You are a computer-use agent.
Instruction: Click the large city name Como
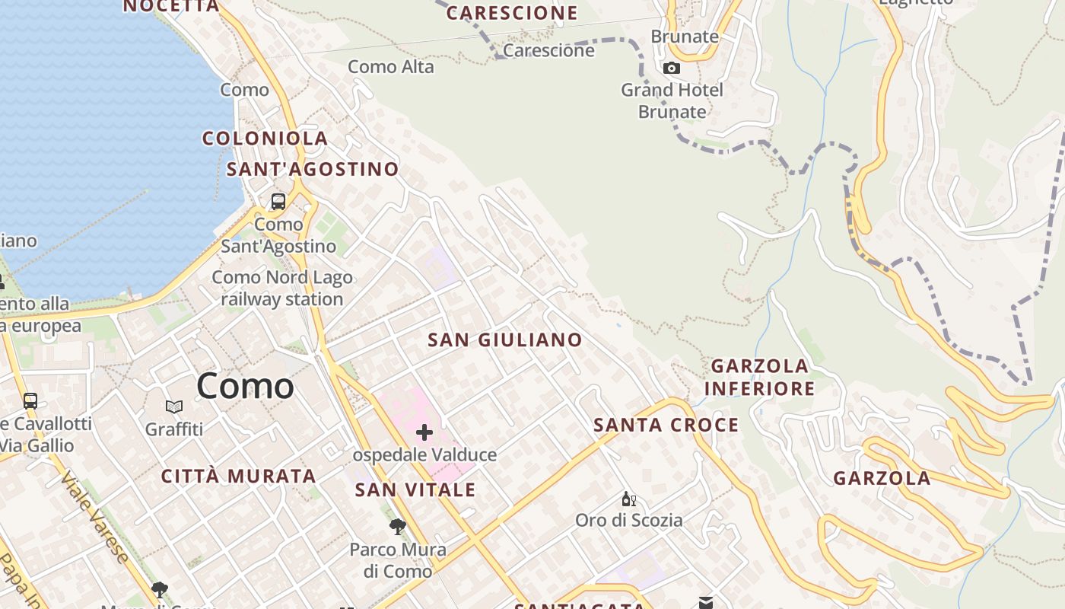pyautogui.click(x=245, y=386)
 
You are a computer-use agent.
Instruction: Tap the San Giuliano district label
pyautogui.click(x=505, y=340)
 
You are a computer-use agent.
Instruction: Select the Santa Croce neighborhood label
pyautogui.click(x=666, y=425)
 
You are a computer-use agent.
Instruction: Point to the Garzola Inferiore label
pyautogui.click(x=759, y=378)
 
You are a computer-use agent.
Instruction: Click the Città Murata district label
pyautogui.click(x=238, y=477)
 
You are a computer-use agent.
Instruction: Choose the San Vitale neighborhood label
pyautogui.click(x=415, y=489)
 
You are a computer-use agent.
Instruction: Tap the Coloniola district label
pyautogui.click(x=265, y=139)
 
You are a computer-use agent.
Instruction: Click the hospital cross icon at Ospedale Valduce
pyautogui.click(x=424, y=433)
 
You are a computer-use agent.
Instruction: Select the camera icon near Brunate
pyautogui.click(x=671, y=69)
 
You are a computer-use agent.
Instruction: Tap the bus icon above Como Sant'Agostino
pyautogui.click(x=278, y=202)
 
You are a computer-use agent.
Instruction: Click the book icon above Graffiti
pyautogui.click(x=174, y=407)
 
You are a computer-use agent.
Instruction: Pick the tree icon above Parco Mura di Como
pyautogui.click(x=397, y=526)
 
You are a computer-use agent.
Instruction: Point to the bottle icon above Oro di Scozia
pyautogui.click(x=628, y=499)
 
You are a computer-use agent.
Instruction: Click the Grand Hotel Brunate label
pyautogui.click(x=672, y=100)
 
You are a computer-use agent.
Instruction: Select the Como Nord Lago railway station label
pyautogui.click(x=282, y=289)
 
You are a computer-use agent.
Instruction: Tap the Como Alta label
pyautogui.click(x=391, y=67)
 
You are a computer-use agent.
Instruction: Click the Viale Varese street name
pyautogui.click(x=95, y=518)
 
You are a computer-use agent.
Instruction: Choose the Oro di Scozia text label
pyautogui.click(x=628, y=521)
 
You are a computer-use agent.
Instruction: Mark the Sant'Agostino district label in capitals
pyautogui.click(x=313, y=169)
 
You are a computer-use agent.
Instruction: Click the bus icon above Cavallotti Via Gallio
pyautogui.click(x=30, y=400)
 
